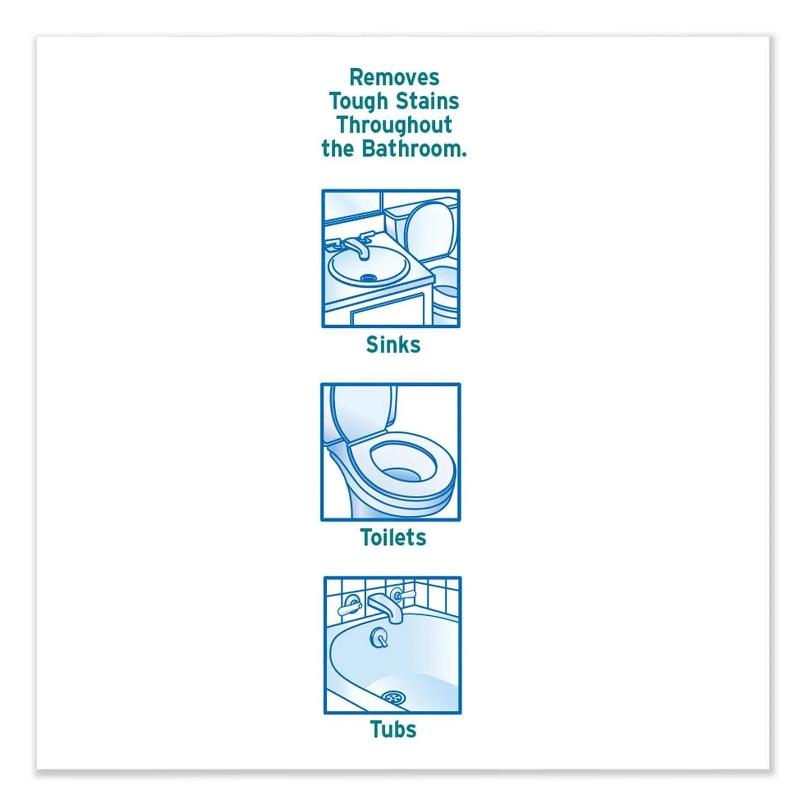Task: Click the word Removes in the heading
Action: pyautogui.click(x=394, y=77)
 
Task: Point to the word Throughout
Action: pyautogui.click(x=394, y=126)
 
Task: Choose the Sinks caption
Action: pyautogui.click(x=393, y=344)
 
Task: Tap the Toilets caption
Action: pyautogui.click(x=393, y=537)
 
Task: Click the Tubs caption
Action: pyautogui.click(x=393, y=729)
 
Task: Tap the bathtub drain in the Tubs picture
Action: pyautogui.click(x=391, y=697)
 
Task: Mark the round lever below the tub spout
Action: pyautogui.click(x=379, y=638)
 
